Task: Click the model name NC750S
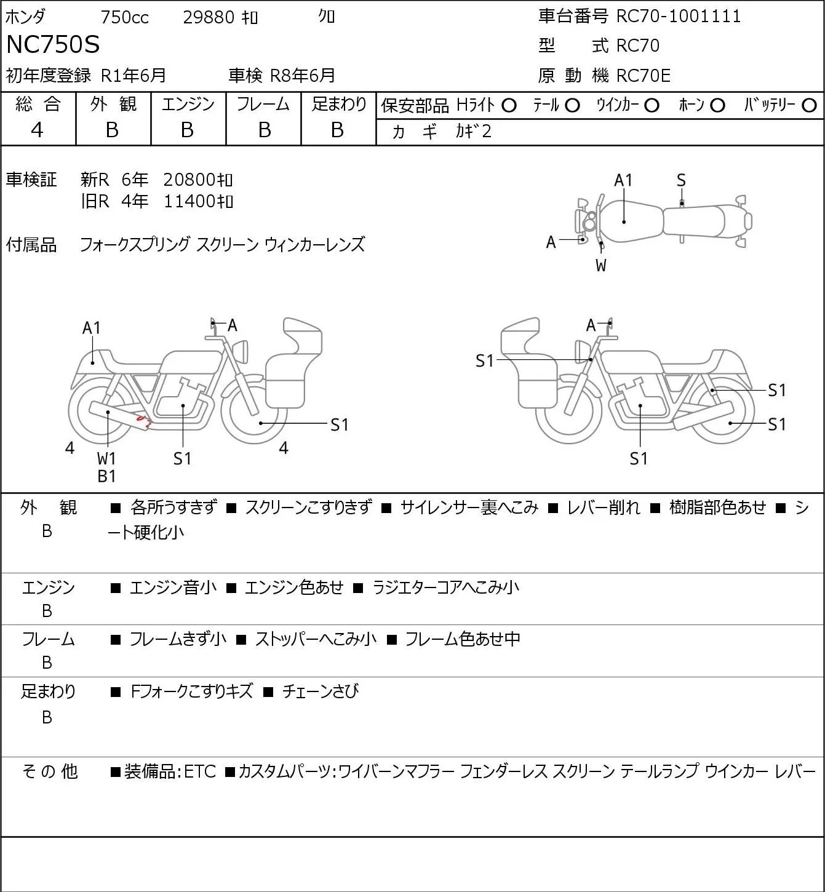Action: [52, 45]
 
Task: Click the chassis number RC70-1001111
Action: [678, 16]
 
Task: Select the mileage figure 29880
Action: [209, 17]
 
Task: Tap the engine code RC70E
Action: [643, 76]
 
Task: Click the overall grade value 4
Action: [38, 130]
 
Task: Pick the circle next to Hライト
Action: [509, 106]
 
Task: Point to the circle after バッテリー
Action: [810, 106]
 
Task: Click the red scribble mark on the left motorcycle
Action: [144, 421]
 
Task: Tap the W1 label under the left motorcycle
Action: [106, 458]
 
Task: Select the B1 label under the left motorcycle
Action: [106, 476]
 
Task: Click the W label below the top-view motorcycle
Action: [601, 266]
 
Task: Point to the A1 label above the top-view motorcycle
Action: [623, 180]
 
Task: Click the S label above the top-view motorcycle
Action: [681, 180]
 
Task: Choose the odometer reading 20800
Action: [189, 180]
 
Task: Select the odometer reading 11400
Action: [189, 201]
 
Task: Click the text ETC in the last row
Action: [200, 771]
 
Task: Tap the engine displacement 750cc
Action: [124, 17]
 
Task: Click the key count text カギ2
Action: [473, 131]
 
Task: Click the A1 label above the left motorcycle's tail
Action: [91, 328]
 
